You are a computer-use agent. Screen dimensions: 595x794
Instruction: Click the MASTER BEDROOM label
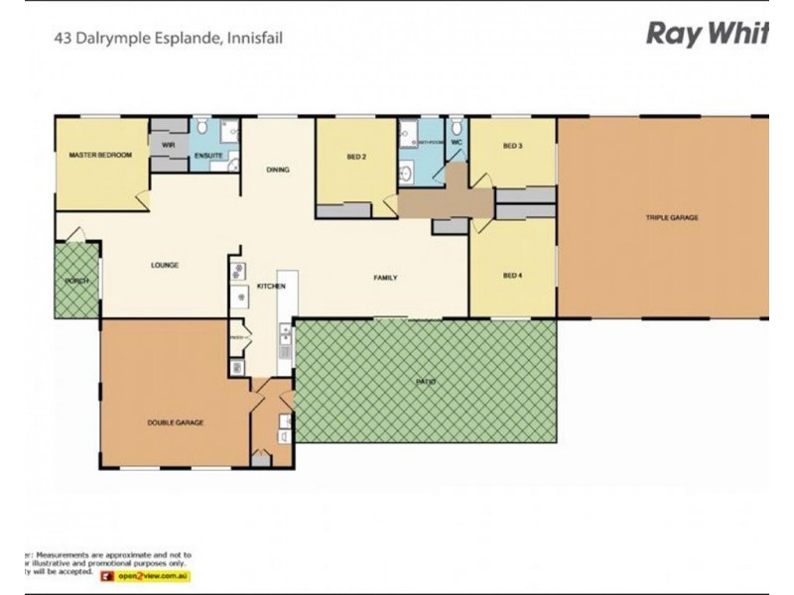(100, 156)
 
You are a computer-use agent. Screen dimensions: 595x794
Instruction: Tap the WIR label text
(169, 145)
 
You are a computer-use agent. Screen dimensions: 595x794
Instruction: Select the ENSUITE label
(208, 156)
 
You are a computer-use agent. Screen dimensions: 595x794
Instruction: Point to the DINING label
(278, 170)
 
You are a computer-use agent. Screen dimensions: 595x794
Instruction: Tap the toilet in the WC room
(457, 127)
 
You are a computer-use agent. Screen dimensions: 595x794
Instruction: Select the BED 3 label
(512, 147)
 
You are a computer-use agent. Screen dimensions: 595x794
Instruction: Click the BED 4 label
(512, 275)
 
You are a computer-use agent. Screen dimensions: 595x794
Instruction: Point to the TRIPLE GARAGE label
(672, 217)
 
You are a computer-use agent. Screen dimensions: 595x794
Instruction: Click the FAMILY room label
(385, 278)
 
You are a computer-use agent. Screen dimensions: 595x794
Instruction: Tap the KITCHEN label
(271, 287)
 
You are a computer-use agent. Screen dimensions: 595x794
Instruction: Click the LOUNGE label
(164, 265)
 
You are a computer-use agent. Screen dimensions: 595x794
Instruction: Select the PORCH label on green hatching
(76, 281)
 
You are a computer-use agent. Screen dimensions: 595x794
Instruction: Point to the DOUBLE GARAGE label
(176, 422)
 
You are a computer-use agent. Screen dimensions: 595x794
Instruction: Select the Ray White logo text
(707, 35)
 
